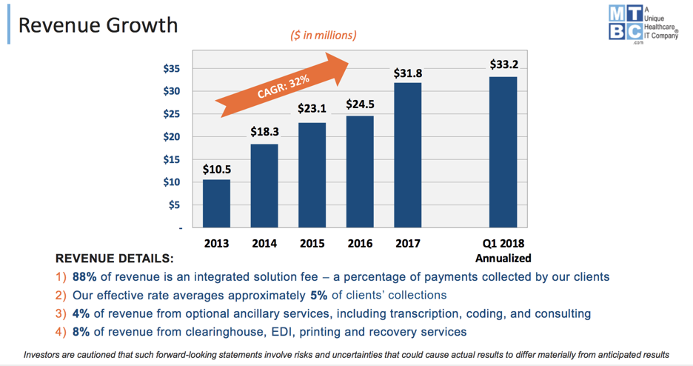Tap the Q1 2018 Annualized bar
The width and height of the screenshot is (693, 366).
[503, 151]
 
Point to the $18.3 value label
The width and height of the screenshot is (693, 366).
[264, 132]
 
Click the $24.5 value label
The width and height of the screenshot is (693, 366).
[360, 104]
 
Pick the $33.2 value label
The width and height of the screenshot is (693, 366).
[503, 64]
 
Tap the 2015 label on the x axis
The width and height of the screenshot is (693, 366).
[312, 242]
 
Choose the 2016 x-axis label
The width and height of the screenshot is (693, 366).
[360, 242]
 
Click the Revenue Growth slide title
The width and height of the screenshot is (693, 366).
[98, 24]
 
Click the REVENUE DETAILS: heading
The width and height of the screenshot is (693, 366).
[115, 259]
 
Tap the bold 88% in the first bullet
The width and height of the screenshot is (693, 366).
[86, 276]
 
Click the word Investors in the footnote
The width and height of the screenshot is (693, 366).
[44, 354]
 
